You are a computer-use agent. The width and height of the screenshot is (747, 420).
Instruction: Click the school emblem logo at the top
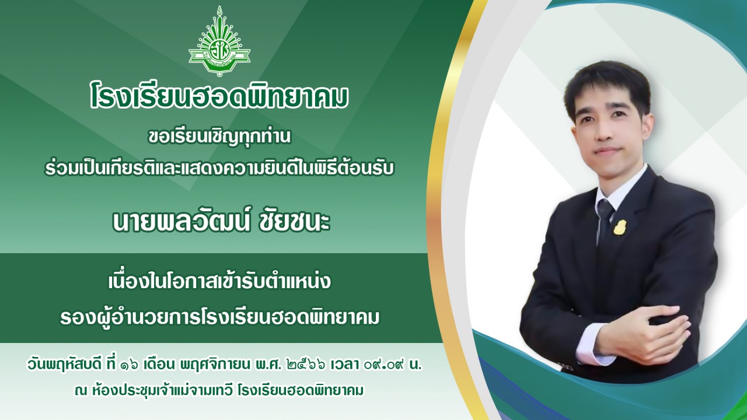(219, 44)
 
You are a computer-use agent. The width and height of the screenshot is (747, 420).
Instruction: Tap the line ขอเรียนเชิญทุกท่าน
(219, 139)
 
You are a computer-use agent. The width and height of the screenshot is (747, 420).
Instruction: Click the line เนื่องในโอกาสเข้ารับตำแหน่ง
(219, 282)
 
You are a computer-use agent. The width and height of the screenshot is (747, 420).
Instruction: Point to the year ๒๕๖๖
(303, 366)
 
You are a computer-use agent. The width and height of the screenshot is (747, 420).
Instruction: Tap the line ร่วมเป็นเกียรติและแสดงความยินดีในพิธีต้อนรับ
(219, 168)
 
